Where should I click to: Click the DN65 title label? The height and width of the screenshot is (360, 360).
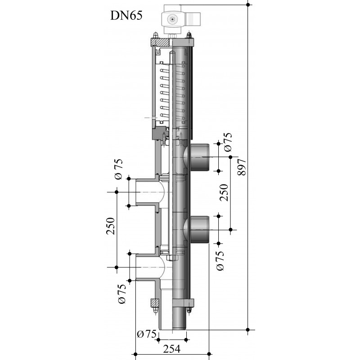click(126, 16)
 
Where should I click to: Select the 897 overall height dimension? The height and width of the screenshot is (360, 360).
click(242, 167)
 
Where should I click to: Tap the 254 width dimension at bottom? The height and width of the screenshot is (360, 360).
click(172, 349)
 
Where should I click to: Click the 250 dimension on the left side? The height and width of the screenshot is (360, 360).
click(111, 226)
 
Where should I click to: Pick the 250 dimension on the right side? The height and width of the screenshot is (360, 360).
click(224, 193)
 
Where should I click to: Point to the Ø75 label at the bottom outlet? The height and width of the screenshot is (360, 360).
click(147, 334)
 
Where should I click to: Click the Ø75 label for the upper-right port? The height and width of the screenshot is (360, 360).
click(228, 142)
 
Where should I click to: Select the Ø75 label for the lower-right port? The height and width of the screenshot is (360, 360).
click(220, 261)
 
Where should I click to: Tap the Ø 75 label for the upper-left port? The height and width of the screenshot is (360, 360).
click(118, 169)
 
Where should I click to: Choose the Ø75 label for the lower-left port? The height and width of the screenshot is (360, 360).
click(122, 294)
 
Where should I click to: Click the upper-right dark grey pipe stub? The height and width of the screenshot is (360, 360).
click(199, 157)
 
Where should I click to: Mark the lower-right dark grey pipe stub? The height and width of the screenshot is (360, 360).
click(199, 229)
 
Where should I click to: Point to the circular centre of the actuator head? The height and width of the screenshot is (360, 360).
click(172, 19)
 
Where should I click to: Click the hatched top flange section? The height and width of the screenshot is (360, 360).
click(160, 42)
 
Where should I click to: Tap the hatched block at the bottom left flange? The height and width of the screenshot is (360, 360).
click(154, 303)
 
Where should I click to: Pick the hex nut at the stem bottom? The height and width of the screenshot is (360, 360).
click(172, 257)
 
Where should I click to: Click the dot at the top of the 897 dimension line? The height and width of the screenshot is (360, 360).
click(248, 4)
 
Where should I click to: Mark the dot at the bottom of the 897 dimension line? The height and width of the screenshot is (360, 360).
click(248, 330)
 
